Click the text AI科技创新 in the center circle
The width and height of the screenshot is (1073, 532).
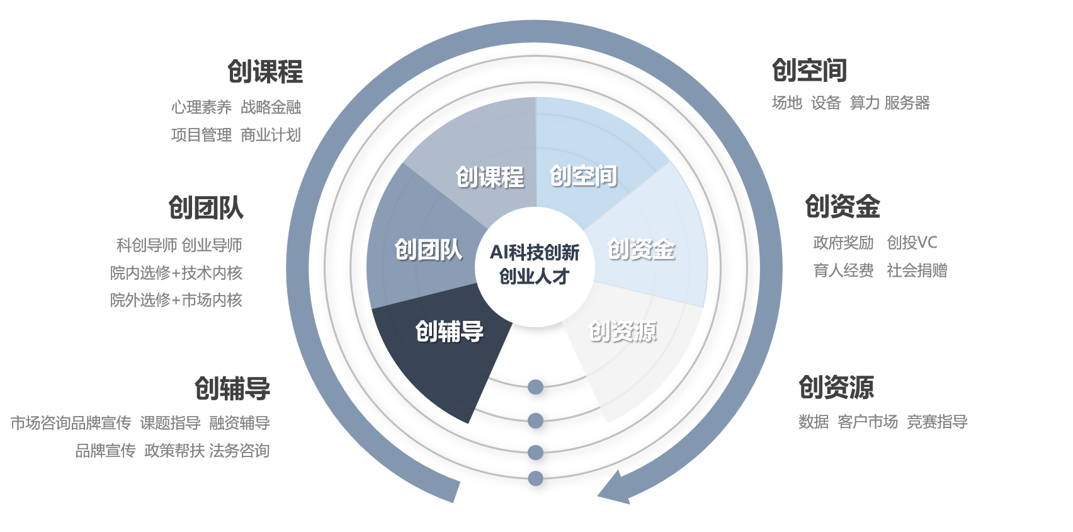pos(535,253)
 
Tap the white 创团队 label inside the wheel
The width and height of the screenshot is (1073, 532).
pos(428,250)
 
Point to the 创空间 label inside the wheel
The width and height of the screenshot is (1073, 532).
pos(583,176)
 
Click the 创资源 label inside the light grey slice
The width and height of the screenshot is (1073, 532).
pos(622,331)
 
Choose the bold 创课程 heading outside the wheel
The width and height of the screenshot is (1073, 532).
pos(265,72)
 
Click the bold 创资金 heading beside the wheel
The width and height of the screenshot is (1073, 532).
pos(843,207)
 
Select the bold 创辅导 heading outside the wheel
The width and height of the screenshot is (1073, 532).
pos(232,388)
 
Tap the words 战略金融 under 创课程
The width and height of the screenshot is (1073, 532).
pos(271,107)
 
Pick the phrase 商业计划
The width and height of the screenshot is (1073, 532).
pos(271,135)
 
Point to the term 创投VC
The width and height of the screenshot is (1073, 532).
pos(912,243)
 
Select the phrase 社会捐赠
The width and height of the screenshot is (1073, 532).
pos(917,270)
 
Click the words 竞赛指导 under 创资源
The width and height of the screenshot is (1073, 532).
pos(937,422)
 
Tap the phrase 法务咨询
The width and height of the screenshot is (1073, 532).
pos(239,451)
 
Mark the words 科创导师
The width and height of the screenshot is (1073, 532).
pos(147,245)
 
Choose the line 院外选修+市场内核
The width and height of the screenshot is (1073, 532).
pos(176,300)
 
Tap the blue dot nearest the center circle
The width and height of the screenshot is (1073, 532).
pos(536,387)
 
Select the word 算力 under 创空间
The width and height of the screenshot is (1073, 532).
pos(865,103)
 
